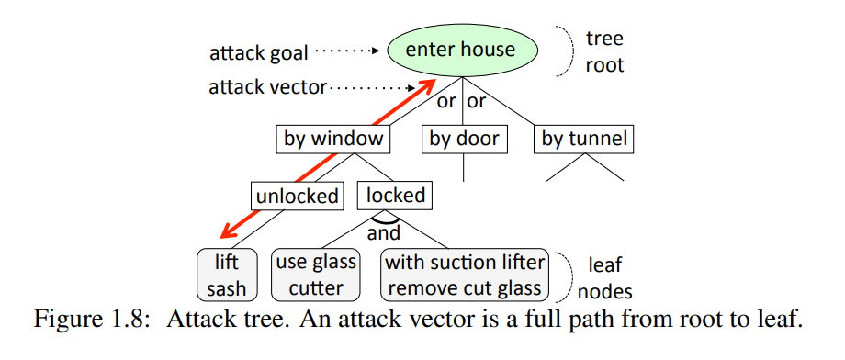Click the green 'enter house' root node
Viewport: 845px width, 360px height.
pyautogui.click(x=460, y=50)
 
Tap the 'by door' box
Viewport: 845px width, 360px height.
pyautogui.click(x=465, y=140)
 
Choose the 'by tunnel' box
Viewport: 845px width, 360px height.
pyautogui.click(x=584, y=140)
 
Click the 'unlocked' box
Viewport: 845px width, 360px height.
pyautogui.click(x=297, y=195)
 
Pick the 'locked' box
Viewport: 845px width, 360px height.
pyautogui.click(x=396, y=195)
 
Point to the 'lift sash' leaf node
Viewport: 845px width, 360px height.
pyautogui.click(x=227, y=275)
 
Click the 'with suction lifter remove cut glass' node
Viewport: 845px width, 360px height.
pyautogui.click(x=464, y=275)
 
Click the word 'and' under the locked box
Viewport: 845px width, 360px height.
pyautogui.click(x=384, y=232)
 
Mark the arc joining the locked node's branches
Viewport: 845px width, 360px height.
pyautogui.click(x=383, y=219)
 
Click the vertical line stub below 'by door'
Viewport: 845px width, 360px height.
pyautogui.click(x=465, y=166)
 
